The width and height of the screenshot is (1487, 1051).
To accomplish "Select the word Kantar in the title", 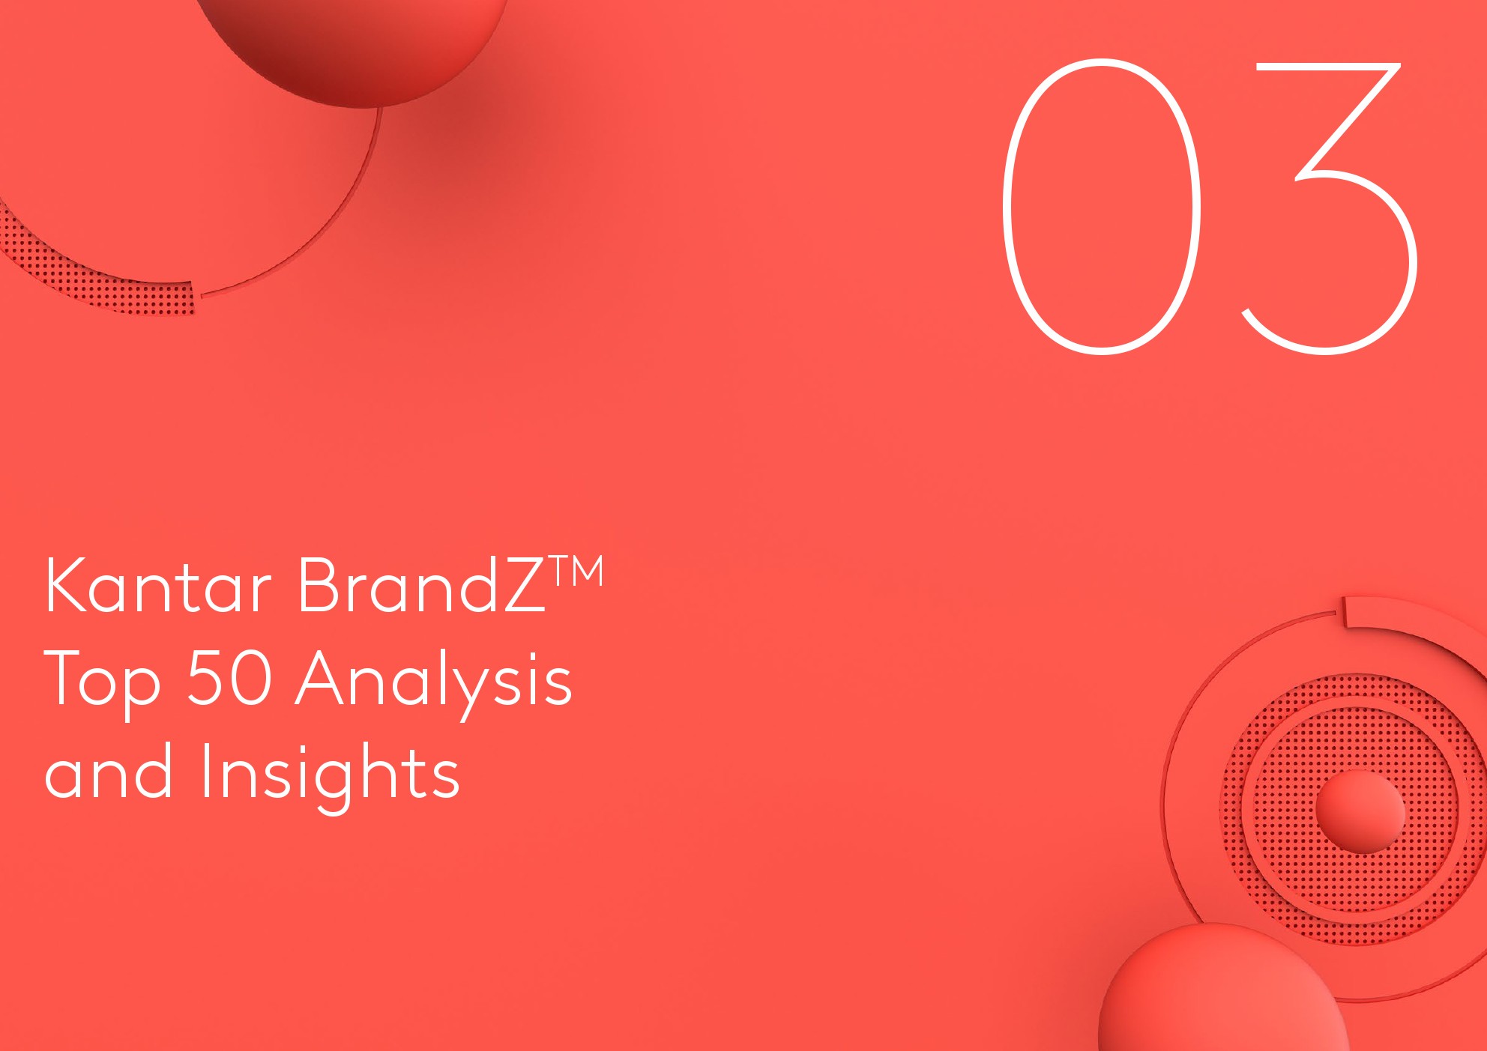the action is coord(158,585).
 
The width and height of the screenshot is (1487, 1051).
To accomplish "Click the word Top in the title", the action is coord(103,682).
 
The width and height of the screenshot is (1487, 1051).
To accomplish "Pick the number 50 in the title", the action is coord(229,677).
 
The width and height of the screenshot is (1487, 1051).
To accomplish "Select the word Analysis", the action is coord(434,682).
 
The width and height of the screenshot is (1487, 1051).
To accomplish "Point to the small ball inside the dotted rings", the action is coord(1360,811).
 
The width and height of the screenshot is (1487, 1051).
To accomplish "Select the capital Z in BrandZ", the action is coord(522,585).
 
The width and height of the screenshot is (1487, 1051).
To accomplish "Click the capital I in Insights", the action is coord(205,769).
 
